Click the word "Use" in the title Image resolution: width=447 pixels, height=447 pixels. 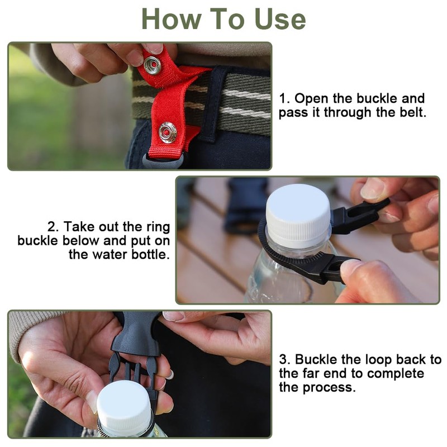280,19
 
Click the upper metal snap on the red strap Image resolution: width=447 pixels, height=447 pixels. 152,65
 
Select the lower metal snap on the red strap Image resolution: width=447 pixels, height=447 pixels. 168,132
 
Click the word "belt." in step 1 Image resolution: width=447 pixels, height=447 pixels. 412,112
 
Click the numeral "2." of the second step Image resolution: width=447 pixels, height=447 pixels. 53,227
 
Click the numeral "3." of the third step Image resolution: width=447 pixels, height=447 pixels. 285,359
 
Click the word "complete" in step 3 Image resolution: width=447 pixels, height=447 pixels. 398,374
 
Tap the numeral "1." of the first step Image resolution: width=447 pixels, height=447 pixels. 284,99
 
